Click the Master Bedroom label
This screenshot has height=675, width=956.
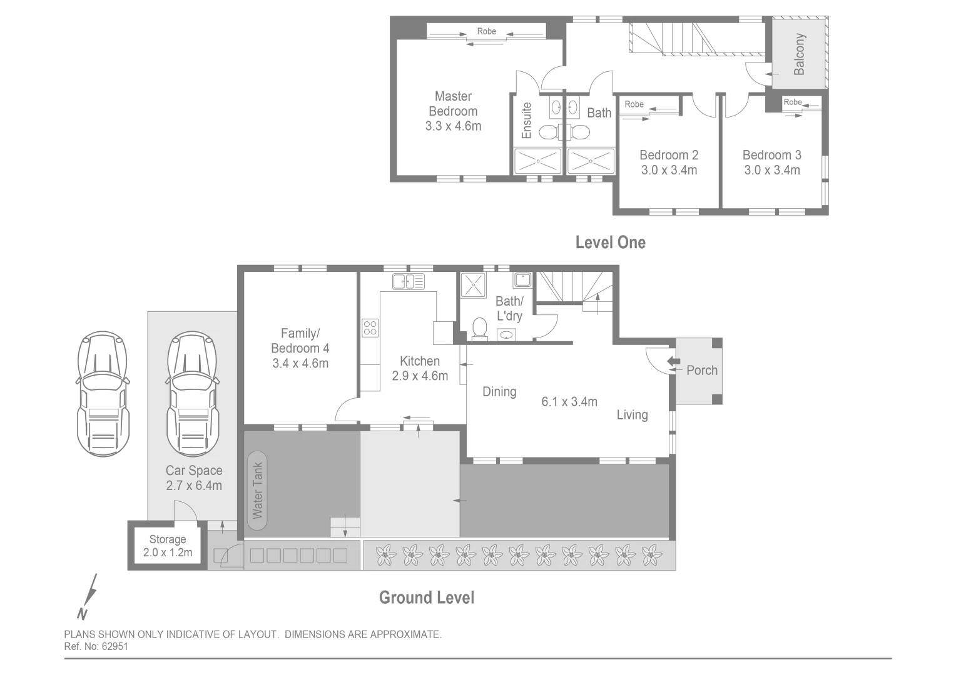click(453, 104)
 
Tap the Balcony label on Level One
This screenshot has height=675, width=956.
click(799, 54)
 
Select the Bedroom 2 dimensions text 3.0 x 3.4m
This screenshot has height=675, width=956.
click(669, 170)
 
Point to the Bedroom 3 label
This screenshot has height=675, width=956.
click(771, 155)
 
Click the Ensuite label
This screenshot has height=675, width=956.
click(527, 121)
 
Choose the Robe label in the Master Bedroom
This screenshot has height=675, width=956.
click(486, 31)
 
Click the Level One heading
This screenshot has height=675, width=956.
click(610, 242)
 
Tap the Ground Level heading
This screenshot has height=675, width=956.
click(427, 597)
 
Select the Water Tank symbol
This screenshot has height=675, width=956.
click(257, 491)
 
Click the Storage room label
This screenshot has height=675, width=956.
click(168, 539)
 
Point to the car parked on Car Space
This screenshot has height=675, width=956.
click(193, 394)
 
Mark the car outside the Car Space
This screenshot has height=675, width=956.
click(103, 394)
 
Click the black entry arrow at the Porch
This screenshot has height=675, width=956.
click(673, 361)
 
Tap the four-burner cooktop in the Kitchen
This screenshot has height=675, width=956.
click(370, 327)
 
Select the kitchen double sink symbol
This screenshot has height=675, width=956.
click(408, 281)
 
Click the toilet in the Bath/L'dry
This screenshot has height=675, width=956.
click(480, 328)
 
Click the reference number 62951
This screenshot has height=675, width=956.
click(114, 647)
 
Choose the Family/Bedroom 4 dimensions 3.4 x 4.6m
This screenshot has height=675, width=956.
click(300, 363)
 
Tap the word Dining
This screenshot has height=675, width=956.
click(499, 392)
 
